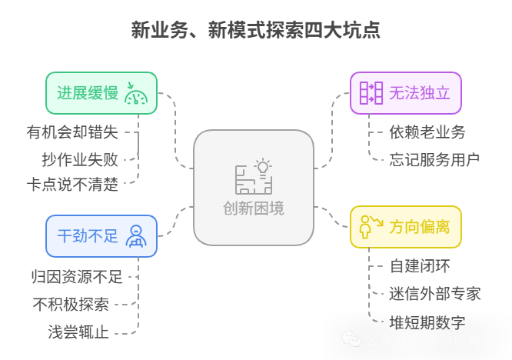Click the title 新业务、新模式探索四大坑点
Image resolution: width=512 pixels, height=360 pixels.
tap(255, 30)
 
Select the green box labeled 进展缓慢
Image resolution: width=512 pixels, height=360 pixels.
tap(101, 93)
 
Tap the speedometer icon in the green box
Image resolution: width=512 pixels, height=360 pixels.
tap(137, 93)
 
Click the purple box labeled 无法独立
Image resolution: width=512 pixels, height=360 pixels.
tap(406, 93)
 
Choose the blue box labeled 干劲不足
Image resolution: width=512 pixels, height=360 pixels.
tap(101, 235)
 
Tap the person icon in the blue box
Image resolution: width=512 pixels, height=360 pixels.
tap(135, 235)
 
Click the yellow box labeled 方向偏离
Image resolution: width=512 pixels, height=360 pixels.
tap(406, 226)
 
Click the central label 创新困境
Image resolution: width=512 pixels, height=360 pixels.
tap(254, 209)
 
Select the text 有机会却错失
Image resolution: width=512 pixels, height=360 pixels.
tap(72, 132)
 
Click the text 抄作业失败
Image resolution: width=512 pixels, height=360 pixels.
tap(80, 159)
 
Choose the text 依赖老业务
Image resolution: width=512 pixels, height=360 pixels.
tap(427, 132)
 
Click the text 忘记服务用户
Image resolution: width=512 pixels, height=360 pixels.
tap(434, 159)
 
